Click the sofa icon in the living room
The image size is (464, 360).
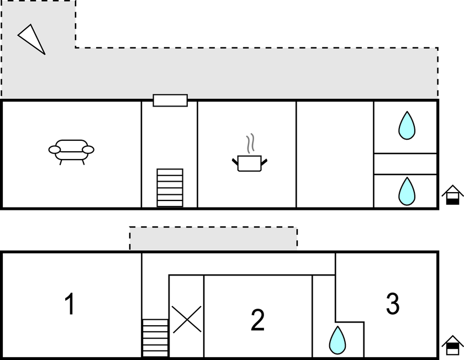(71, 152)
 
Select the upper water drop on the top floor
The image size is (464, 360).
(407, 125)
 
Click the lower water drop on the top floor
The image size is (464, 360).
(407, 192)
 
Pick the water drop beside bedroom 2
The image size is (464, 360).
(338, 341)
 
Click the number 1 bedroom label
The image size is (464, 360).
(70, 304)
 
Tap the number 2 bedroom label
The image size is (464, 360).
(257, 320)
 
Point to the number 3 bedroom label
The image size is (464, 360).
(393, 304)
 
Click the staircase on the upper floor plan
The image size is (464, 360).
(170, 188)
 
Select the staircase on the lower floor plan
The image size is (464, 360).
(155, 338)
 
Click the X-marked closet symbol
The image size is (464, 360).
(187, 320)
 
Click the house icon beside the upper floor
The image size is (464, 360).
(452, 195)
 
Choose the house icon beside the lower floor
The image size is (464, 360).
(452, 345)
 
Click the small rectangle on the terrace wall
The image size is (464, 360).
(170, 100)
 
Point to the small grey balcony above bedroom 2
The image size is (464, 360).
(213, 239)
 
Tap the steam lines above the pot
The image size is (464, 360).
(251, 144)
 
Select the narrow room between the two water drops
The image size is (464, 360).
(405, 164)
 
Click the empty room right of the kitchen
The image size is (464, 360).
(335, 155)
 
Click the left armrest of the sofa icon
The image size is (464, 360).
(55, 150)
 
